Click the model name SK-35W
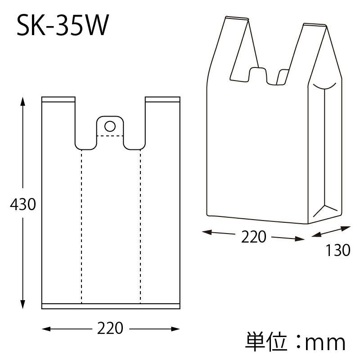[x=63, y=25]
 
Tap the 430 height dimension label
[x=23, y=204]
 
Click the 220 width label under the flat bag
[x=110, y=328]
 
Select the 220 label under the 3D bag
[x=253, y=237]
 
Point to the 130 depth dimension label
[x=338, y=250]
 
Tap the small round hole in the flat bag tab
[x=110, y=126]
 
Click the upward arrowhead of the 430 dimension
[x=22, y=101]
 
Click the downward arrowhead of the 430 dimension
[x=22, y=305]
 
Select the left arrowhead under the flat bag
[x=46, y=329]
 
